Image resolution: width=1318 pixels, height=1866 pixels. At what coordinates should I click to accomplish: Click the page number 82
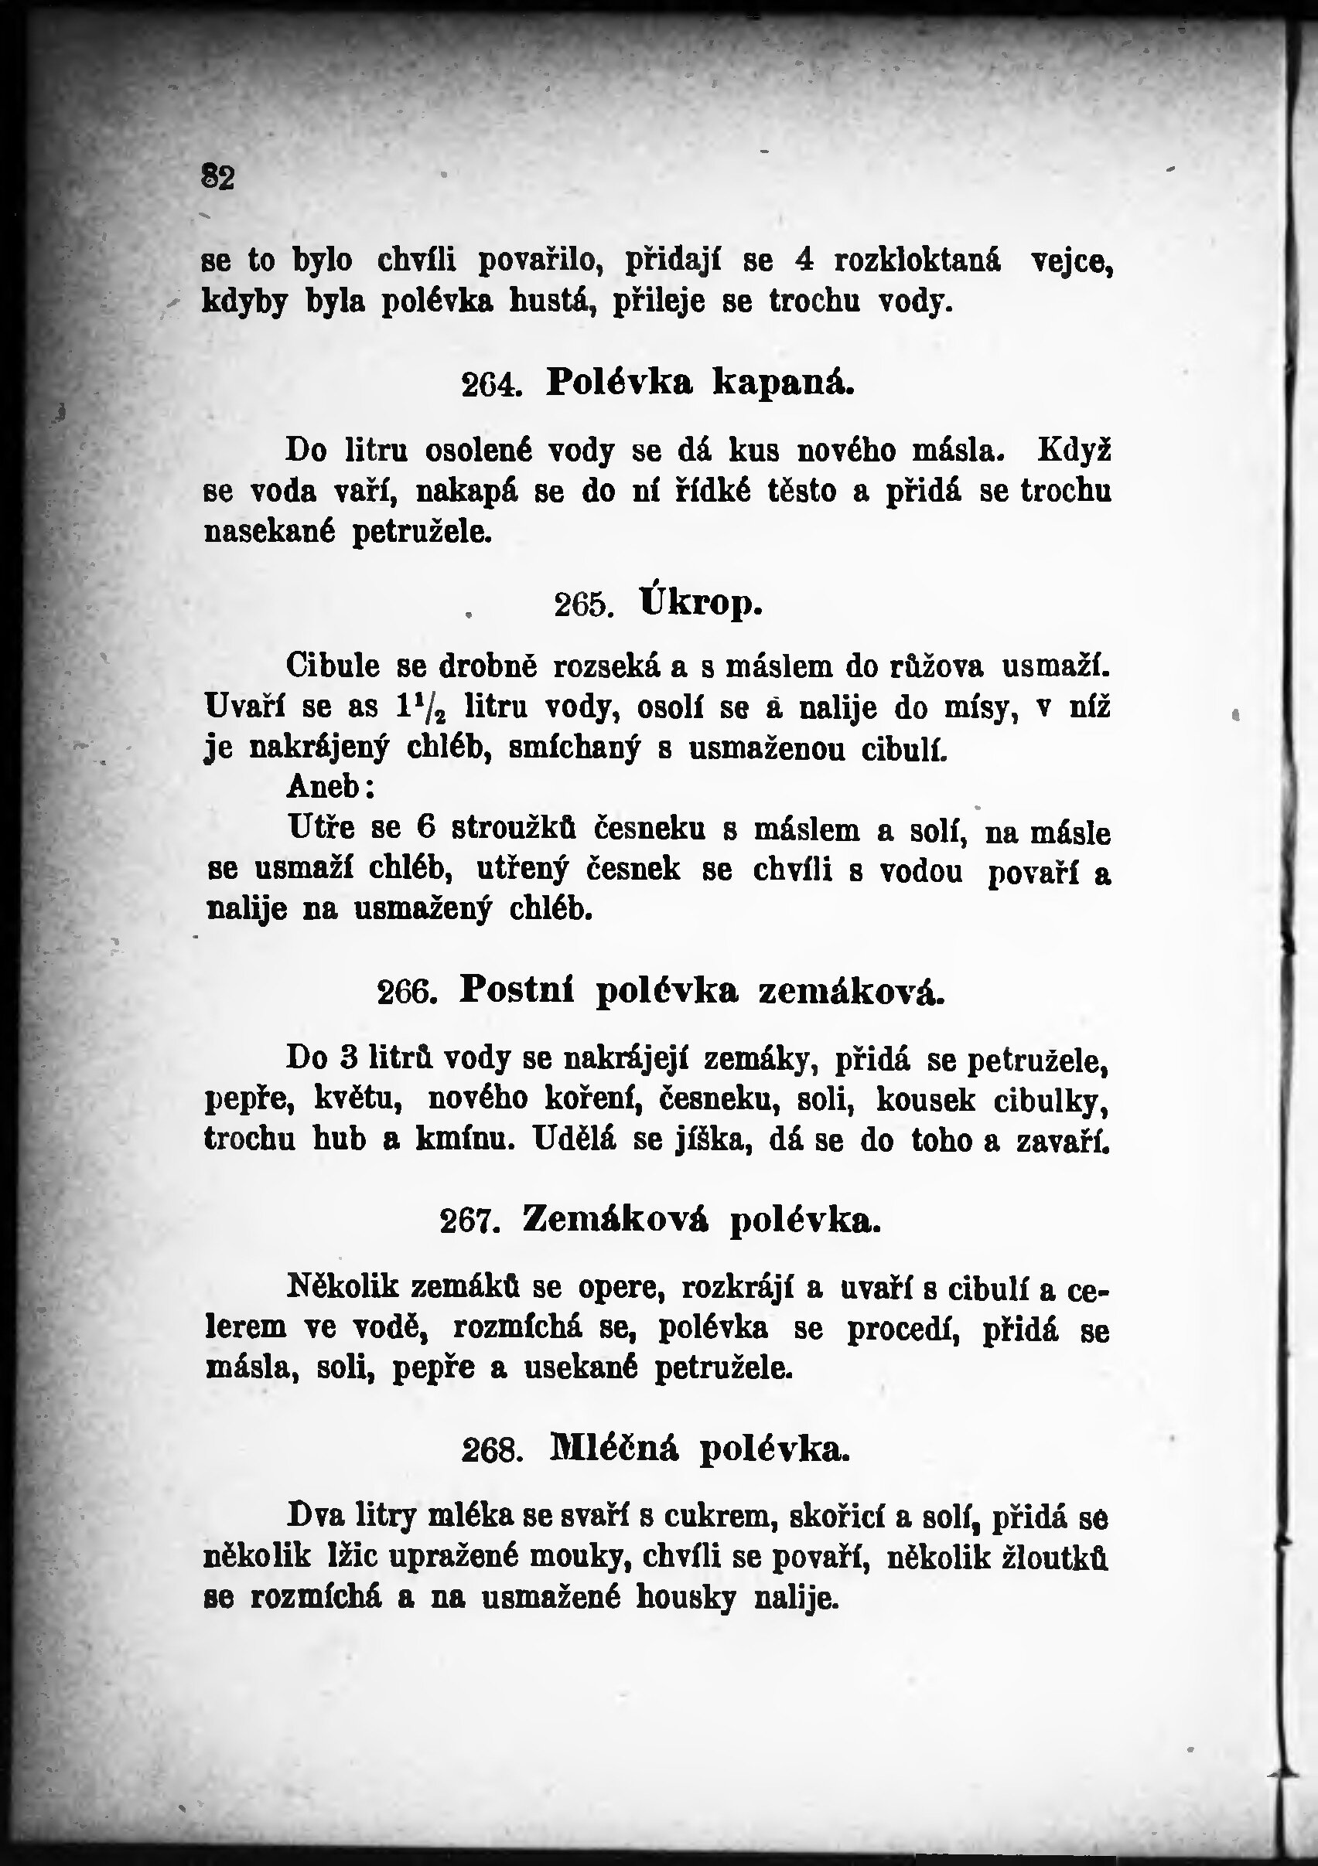coord(218,177)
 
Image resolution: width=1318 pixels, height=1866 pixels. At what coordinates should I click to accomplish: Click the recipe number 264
coord(490,384)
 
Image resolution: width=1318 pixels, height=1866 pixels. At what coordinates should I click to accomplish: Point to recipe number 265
coord(583,605)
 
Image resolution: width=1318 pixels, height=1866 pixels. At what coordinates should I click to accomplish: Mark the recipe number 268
coord(491,1452)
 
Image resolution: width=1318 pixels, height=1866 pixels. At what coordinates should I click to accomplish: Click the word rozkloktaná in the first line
coord(917,260)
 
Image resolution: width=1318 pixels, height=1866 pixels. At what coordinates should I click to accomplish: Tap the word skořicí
coord(837,1517)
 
